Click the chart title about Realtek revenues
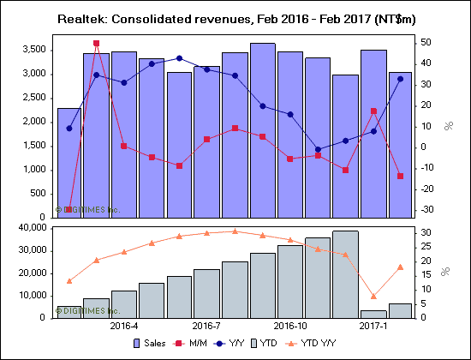[x=235, y=17]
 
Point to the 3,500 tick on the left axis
[x=33, y=50]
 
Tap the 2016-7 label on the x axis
[x=206, y=327]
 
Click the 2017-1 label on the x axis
[x=373, y=327]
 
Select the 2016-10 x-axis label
[x=289, y=327]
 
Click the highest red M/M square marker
[x=96, y=43]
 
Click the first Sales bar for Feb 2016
[x=69, y=163]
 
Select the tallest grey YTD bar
[x=345, y=274]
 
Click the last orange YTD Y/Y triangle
[x=401, y=267]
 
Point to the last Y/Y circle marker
[x=401, y=79]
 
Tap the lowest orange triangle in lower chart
[x=373, y=296]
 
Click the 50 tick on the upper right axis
[x=426, y=43]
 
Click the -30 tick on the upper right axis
[x=426, y=209]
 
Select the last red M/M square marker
[x=401, y=176]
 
